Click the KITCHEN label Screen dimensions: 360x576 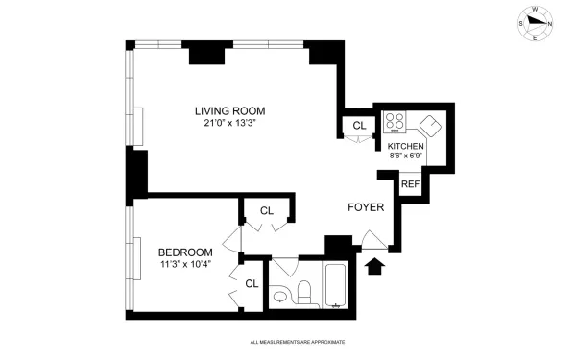click(405, 147)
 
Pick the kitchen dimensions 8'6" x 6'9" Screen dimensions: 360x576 click(405, 156)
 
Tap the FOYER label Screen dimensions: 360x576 click(367, 206)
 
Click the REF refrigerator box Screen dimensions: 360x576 click(410, 183)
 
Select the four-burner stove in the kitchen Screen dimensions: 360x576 click(394, 123)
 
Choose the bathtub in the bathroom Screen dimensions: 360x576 click(337, 285)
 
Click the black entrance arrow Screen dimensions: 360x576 click(375, 262)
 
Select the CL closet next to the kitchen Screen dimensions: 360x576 click(359, 126)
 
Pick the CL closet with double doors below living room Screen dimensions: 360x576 click(267, 210)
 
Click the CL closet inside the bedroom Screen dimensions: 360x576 click(252, 283)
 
